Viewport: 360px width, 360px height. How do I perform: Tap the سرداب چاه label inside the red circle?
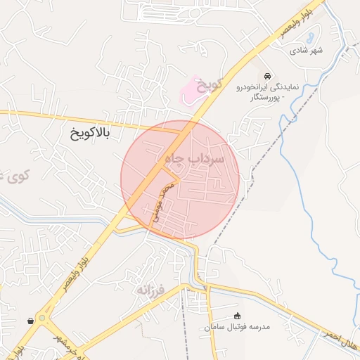[195, 159]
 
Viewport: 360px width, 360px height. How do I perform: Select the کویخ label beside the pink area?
[209, 85]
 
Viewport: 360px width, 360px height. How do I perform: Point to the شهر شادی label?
[307, 51]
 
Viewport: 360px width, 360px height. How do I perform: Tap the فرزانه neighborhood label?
[150, 289]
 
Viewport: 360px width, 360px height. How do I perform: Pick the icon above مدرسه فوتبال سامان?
[237, 315]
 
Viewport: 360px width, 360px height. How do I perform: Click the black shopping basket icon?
[31, 321]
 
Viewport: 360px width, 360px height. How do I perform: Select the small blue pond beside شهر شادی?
[311, 32]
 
